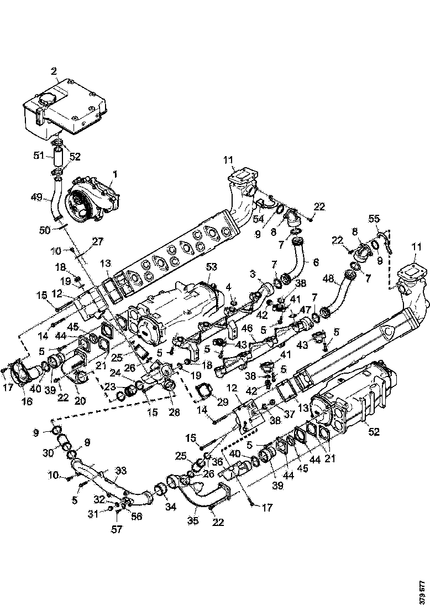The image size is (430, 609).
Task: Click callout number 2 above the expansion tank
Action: click(x=54, y=71)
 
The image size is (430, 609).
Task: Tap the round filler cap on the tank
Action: click(x=45, y=104)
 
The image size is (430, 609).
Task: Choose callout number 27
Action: click(x=98, y=241)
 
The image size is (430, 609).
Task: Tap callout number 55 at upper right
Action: click(x=375, y=219)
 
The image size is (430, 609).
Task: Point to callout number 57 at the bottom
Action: click(x=117, y=529)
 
